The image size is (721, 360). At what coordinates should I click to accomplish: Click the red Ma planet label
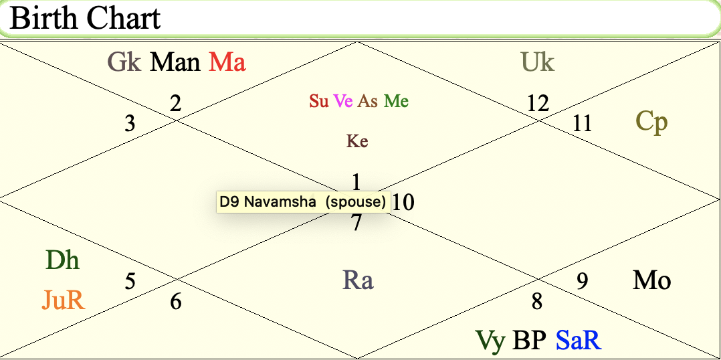pyautogui.click(x=227, y=63)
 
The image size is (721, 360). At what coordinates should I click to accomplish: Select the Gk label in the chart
pyautogui.click(x=124, y=63)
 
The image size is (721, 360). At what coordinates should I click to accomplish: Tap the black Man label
pyautogui.click(x=175, y=63)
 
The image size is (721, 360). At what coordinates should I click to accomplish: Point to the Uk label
pyautogui.click(x=538, y=63)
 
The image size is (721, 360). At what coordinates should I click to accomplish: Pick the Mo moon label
pyautogui.click(x=651, y=280)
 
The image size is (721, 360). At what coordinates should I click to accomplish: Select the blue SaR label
pyautogui.click(x=578, y=341)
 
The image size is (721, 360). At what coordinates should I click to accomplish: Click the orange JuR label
pyautogui.click(x=64, y=300)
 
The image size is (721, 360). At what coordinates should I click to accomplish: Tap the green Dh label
pyautogui.click(x=62, y=260)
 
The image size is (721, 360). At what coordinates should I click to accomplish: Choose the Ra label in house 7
pyautogui.click(x=358, y=280)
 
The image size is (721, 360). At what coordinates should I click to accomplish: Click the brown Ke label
pyautogui.click(x=357, y=141)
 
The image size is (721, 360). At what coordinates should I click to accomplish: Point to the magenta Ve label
pyautogui.click(x=343, y=101)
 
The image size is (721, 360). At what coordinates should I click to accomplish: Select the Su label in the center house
pyautogui.click(x=318, y=101)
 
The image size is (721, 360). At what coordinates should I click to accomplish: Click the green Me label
pyautogui.click(x=396, y=101)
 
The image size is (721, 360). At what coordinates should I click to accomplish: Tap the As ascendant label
pyautogui.click(x=368, y=101)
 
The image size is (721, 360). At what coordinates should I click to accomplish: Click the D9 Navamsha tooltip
pyautogui.click(x=303, y=201)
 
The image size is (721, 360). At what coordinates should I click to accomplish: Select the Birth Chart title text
pyautogui.click(x=86, y=18)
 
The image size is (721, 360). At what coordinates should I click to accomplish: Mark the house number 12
pyautogui.click(x=537, y=103)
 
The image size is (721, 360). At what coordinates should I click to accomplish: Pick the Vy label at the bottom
pyautogui.click(x=490, y=341)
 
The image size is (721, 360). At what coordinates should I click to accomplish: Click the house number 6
pyautogui.click(x=175, y=302)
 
